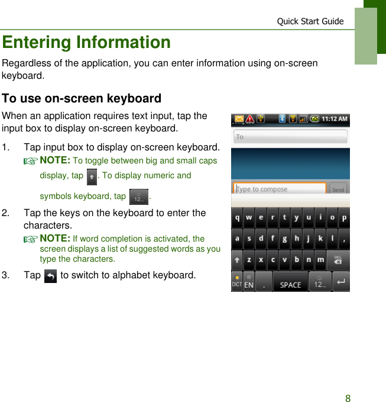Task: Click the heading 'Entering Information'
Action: pyautogui.click(x=86, y=43)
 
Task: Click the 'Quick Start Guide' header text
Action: pyautogui.click(x=310, y=21)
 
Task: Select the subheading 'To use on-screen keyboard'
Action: pyautogui.click(x=82, y=98)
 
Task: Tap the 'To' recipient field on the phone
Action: pyautogui.click(x=290, y=137)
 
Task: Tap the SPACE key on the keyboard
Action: pyautogui.click(x=290, y=282)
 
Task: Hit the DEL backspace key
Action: pyautogui.click(x=338, y=259)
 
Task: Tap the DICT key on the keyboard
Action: pyautogui.click(x=237, y=282)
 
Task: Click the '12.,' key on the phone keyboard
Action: pyautogui.click(x=320, y=282)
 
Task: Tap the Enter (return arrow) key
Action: pyautogui.click(x=341, y=282)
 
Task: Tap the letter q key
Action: pyautogui.click(x=237, y=218)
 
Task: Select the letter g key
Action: pyautogui.click(x=284, y=239)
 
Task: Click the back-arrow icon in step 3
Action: pyautogui.click(x=51, y=276)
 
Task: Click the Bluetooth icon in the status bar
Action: pyautogui.click(x=282, y=119)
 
